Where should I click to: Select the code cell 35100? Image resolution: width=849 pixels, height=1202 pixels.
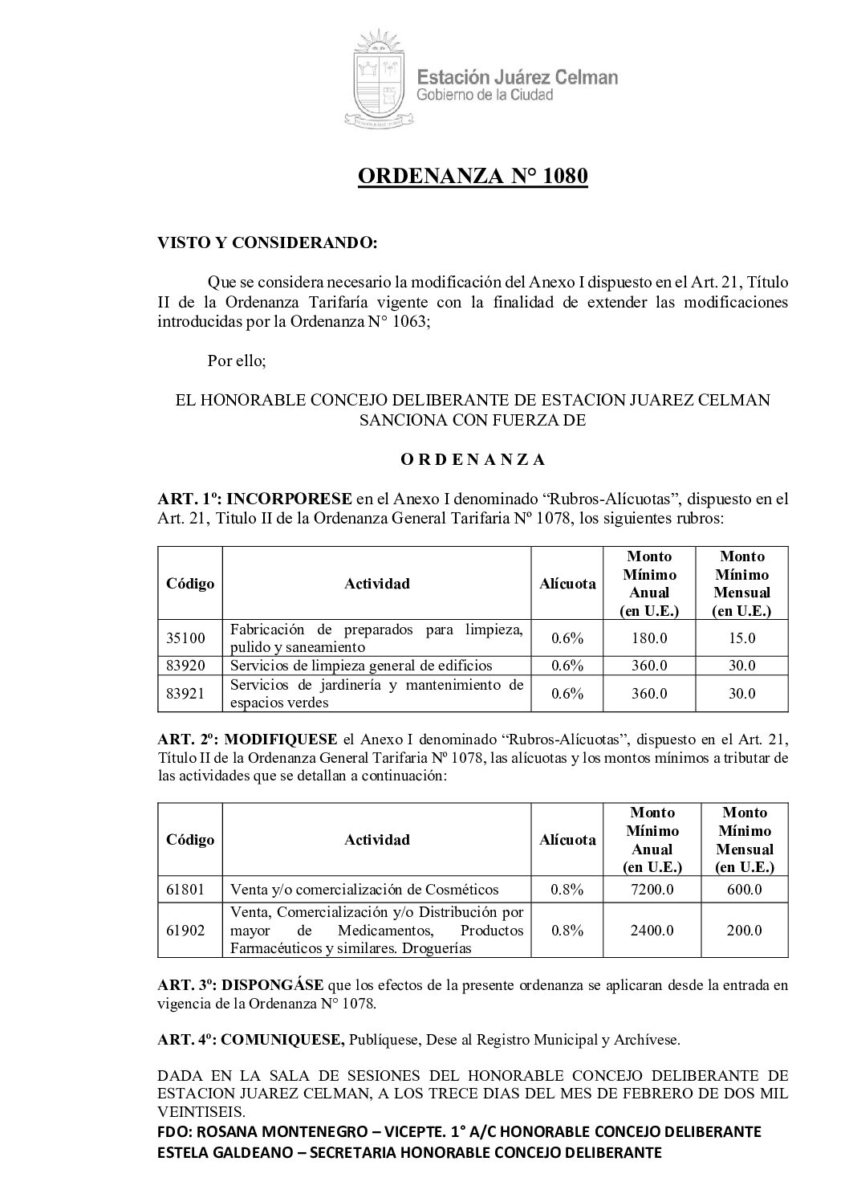(x=186, y=638)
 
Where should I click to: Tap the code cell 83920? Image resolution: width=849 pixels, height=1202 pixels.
(x=186, y=666)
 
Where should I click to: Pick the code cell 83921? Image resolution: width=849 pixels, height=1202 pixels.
(x=186, y=693)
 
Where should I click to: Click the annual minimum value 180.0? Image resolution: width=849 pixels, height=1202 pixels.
(x=649, y=638)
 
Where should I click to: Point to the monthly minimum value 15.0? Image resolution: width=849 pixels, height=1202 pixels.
(x=741, y=638)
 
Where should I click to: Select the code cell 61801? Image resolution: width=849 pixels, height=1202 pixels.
(x=186, y=889)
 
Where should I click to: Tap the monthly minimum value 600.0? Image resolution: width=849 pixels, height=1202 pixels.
(x=743, y=889)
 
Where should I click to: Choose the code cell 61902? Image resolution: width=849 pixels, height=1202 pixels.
(x=186, y=930)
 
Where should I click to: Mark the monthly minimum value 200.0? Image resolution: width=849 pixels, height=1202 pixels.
(x=743, y=930)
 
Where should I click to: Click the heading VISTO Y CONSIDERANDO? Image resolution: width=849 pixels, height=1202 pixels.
(x=266, y=242)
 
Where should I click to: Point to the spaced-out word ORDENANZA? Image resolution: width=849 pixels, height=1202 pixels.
(x=473, y=460)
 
